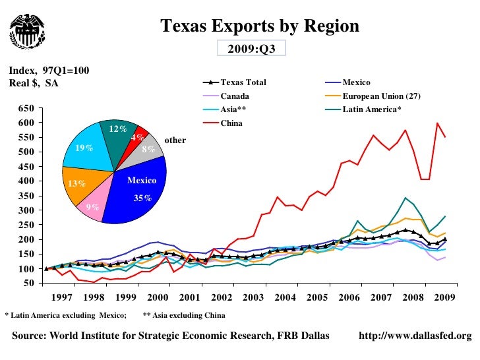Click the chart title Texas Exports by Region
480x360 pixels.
(260, 26)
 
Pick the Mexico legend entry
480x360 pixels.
(357, 82)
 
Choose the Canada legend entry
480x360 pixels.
(234, 96)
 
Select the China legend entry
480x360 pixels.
(231, 123)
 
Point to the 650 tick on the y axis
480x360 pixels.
(26, 108)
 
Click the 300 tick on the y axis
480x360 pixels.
(26, 210)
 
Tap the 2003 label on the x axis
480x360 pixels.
(253, 297)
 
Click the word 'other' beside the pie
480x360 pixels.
(175, 140)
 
